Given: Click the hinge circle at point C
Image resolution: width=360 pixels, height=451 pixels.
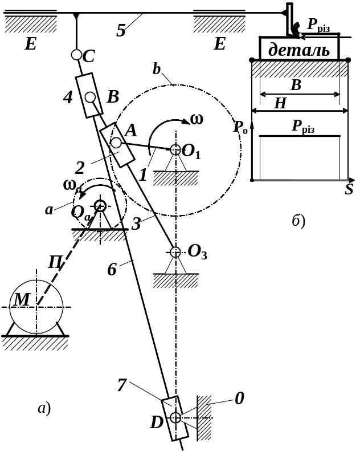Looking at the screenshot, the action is [76, 55].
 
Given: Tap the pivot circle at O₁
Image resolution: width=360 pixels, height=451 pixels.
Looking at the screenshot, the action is [175, 149].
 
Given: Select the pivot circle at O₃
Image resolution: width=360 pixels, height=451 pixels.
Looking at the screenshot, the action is [175, 252].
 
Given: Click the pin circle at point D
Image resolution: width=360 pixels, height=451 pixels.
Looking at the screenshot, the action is [175, 417].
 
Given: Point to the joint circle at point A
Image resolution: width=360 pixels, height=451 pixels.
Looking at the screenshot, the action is [116, 143].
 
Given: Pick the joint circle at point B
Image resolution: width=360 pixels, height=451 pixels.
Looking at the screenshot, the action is [90, 97].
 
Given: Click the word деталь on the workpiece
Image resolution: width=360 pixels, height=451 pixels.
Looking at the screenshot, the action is [299, 50].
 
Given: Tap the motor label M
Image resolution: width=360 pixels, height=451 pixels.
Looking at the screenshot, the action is [22, 300].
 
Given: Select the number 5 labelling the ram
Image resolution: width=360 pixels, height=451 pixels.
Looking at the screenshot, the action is [121, 30].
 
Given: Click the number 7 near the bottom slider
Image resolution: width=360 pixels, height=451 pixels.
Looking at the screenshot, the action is [122, 385].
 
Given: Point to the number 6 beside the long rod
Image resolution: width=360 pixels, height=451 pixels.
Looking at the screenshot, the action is [112, 270].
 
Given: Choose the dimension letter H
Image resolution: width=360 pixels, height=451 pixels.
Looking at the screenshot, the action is [280, 103].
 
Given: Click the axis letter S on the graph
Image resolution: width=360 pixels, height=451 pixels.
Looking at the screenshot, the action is [349, 189].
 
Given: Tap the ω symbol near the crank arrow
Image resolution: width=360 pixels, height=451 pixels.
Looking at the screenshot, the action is [197, 119].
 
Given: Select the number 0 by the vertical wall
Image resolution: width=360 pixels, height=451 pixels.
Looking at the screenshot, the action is [240, 399].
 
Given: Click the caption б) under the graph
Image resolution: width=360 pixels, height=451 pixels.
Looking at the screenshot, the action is [298, 221].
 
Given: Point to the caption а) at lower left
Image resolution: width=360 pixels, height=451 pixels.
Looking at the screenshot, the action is [44, 408].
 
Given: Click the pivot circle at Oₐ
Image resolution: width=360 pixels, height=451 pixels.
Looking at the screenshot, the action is [100, 206].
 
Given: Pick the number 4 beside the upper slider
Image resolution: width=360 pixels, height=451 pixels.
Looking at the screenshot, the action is [68, 97].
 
